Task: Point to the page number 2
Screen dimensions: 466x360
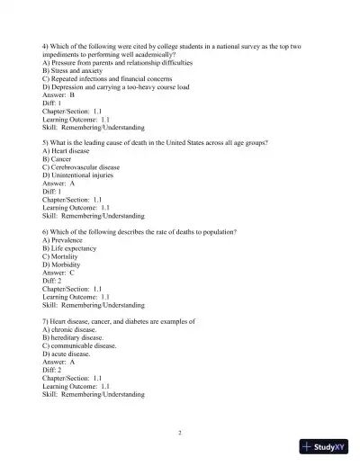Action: (x=180, y=433)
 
